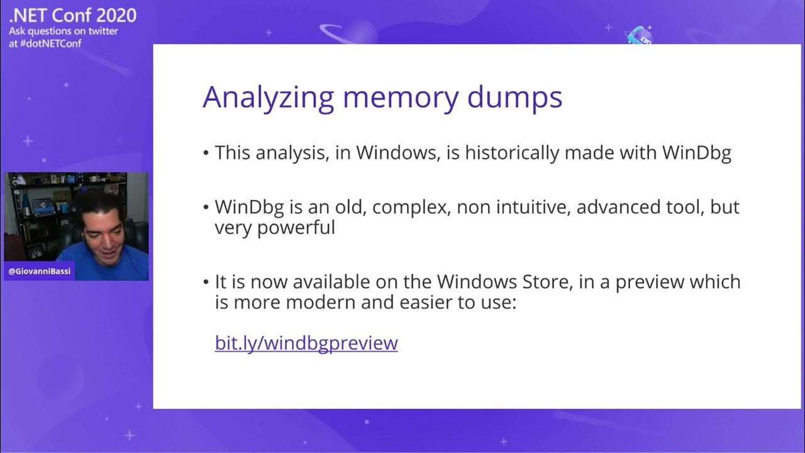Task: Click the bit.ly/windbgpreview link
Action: [x=306, y=343]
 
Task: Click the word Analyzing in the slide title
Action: [x=268, y=98]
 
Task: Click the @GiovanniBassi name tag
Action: [x=38, y=271]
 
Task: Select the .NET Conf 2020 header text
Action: [x=73, y=15]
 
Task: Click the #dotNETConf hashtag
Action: [x=55, y=43]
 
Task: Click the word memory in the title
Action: [x=401, y=98]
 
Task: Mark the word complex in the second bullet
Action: [x=410, y=207]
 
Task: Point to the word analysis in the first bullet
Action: [x=286, y=153]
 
